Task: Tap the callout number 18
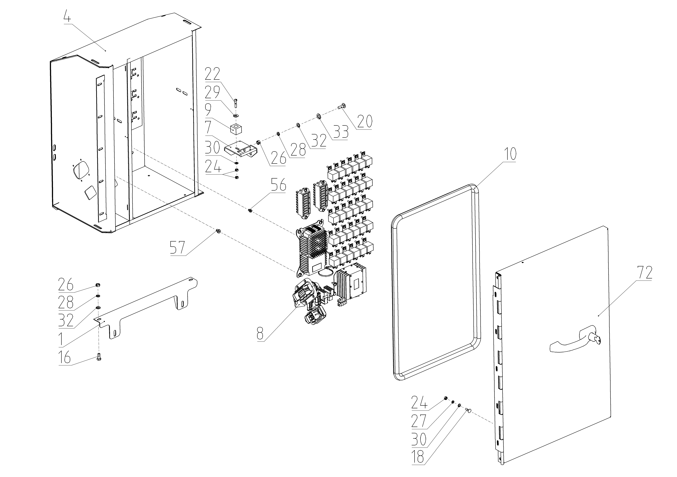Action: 418,458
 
